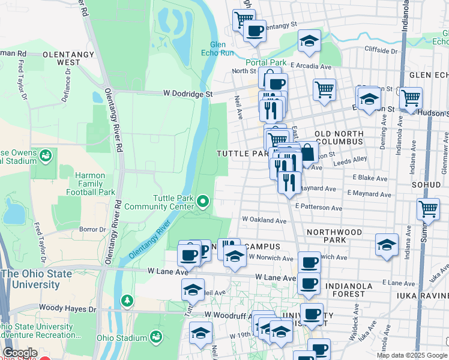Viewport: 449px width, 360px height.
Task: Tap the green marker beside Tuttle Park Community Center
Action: (x=203, y=201)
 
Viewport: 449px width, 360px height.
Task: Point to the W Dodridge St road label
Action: (x=188, y=94)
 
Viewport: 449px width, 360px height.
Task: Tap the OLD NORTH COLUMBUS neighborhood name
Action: (x=339, y=137)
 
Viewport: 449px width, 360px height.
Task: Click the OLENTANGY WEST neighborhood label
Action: (x=68, y=58)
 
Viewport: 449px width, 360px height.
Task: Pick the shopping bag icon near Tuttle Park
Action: (x=307, y=153)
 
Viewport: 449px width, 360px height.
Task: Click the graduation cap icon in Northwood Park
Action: (x=387, y=244)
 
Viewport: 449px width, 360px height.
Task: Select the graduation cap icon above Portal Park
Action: (x=309, y=41)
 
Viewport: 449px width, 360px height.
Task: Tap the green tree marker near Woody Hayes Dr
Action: (x=126, y=299)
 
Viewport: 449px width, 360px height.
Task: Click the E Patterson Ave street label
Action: (x=318, y=208)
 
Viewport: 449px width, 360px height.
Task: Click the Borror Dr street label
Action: (x=92, y=229)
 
